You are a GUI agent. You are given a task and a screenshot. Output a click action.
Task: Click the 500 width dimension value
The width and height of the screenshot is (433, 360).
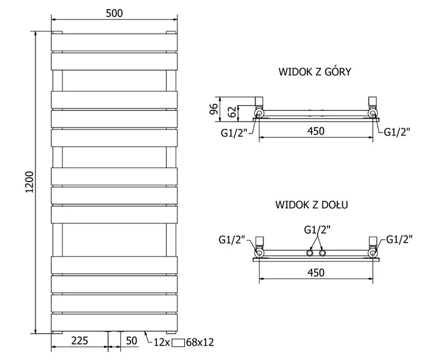click(x=114, y=13)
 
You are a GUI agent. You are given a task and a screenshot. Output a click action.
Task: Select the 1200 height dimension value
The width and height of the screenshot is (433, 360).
click(x=29, y=182)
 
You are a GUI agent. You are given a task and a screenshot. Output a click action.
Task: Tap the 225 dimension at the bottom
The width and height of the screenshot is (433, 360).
click(x=79, y=340)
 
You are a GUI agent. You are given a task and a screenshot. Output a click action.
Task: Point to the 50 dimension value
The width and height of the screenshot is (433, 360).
click(x=132, y=340)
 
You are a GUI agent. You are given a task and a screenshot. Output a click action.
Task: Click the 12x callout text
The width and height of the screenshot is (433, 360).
click(x=162, y=343)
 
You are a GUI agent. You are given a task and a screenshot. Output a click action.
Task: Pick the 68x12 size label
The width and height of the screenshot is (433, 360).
click(x=200, y=343)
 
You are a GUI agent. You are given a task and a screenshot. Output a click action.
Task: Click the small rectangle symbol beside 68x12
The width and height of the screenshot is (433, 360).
click(x=178, y=343)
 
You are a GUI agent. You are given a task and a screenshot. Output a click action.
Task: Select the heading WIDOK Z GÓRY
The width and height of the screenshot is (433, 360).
click(x=315, y=72)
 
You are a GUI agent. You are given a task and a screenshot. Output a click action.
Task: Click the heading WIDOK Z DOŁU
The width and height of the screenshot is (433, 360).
click(x=312, y=205)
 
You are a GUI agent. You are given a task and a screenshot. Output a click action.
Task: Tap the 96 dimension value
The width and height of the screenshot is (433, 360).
click(x=215, y=109)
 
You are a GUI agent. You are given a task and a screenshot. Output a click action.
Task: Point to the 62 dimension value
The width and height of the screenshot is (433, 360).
click(x=233, y=112)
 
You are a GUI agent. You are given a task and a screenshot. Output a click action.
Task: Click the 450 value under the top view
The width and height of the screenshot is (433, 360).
click(x=316, y=131)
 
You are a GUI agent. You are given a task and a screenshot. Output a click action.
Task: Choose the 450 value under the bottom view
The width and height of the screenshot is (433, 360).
click(x=316, y=273)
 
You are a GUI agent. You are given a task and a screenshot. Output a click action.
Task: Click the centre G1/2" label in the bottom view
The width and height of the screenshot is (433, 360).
click(x=318, y=229)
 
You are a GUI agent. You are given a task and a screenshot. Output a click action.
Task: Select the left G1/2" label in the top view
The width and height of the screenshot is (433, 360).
click(x=233, y=132)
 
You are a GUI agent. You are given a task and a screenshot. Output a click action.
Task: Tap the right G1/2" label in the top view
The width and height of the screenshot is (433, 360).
click(x=397, y=132)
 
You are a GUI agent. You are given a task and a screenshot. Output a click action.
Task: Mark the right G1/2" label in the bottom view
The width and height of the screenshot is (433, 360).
click(x=399, y=239)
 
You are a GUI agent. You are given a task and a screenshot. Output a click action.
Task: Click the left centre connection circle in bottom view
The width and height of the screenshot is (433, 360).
click(x=309, y=253)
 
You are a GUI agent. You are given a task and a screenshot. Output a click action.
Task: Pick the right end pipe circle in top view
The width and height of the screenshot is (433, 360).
click(x=373, y=113)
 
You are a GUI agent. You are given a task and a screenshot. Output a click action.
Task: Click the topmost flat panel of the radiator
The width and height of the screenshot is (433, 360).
click(x=114, y=42)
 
